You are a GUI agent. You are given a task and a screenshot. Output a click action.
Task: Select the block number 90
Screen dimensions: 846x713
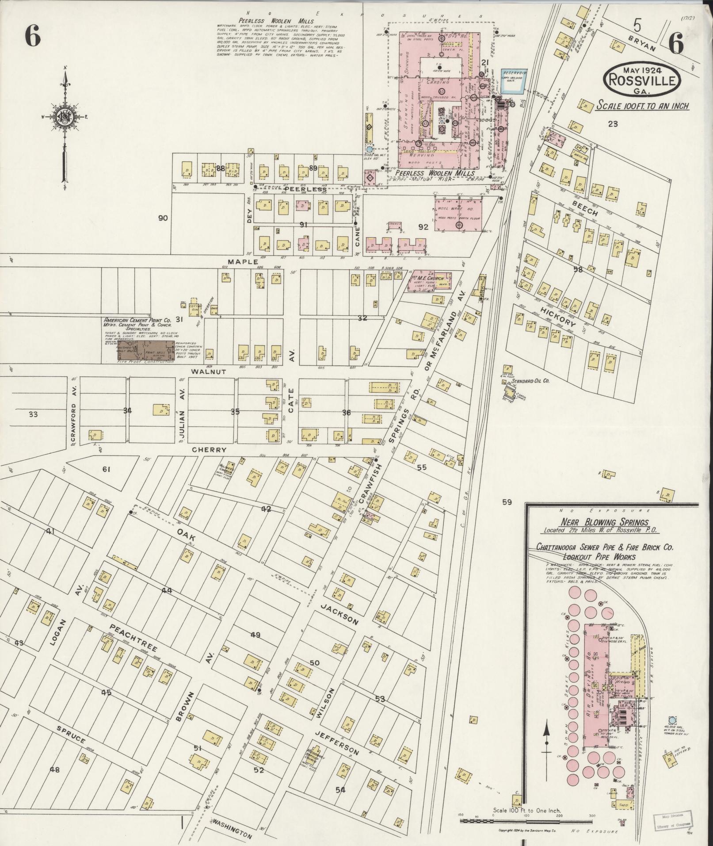163,218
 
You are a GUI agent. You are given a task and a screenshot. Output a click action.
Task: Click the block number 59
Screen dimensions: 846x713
507,502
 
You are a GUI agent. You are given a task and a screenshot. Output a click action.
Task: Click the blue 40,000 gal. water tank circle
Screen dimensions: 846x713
672,720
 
